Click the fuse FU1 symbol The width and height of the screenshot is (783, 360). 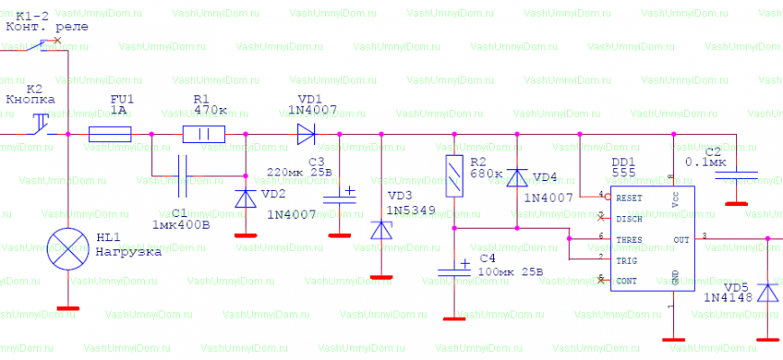pos(110,135)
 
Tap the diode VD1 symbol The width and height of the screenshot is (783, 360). pos(306,135)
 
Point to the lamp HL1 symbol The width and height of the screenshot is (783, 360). pos(67,249)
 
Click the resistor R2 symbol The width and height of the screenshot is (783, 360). pos(454,175)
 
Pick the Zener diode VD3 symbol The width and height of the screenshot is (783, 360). pos(382,229)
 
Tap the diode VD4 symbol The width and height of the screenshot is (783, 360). pos(517,176)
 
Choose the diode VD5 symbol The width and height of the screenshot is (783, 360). pos(767,292)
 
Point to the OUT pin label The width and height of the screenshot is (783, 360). pos(681,239)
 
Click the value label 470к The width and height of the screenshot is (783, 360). pos(210,111)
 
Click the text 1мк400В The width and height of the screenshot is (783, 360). pos(182,223)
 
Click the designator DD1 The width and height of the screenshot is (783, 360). pos(623,162)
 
